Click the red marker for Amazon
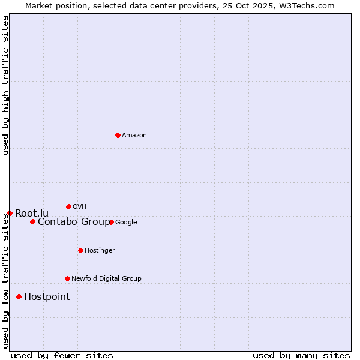coord(118,135)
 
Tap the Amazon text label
coord(134,136)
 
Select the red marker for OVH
coord(68,206)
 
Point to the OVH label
coord(80,207)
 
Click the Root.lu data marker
coord(10,213)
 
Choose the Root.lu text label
coord(32,213)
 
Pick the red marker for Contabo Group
coord(32,221)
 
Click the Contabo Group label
coord(73,222)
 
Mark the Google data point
coord(111,222)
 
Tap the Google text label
coord(126,223)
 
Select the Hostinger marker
coord(80,250)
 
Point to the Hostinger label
coord(100,251)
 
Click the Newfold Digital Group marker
coord(67,278)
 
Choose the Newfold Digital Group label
coord(106,279)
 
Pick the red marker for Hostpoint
coord(19,296)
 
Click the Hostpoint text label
coord(47,297)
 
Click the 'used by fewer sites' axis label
coord(62,355)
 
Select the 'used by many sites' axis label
coord(301,355)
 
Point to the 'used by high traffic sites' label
coord(5,86)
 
